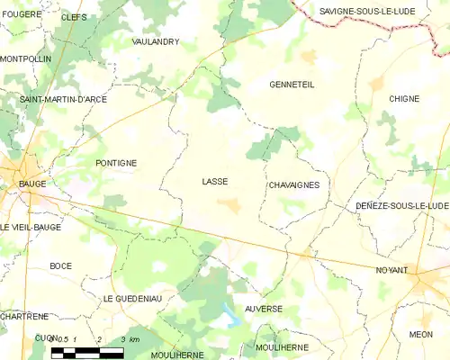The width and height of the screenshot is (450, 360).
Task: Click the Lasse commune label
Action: (215, 182)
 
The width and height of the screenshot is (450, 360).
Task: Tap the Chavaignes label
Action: (293, 185)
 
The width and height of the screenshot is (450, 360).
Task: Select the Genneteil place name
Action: (292, 85)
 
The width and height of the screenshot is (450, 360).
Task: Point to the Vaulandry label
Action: (156, 41)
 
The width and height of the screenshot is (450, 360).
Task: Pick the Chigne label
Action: (404, 98)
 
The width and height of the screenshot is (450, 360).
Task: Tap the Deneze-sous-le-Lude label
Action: (401, 206)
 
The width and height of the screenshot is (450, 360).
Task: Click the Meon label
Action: (420, 334)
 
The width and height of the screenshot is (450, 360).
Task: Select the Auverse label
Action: (264, 309)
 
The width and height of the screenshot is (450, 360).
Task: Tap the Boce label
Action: (61, 265)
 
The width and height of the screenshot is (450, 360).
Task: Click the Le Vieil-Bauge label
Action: (31, 227)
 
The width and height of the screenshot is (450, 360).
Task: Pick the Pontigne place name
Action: (116, 163)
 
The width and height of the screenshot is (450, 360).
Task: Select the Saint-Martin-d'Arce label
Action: (63, 99)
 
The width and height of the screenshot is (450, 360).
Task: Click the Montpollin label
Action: (26, 58)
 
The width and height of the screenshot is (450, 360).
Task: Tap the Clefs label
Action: (74, 17)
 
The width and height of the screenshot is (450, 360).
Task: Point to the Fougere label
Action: (22, 14)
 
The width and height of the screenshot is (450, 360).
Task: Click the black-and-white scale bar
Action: (87, 352)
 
